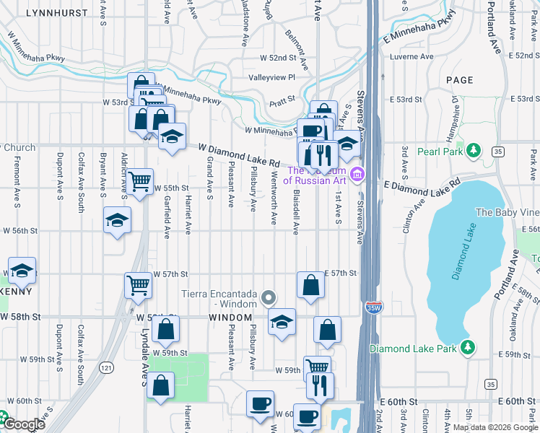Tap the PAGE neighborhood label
coord(460,80)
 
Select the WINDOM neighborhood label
coord(230,318)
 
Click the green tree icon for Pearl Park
coord(473,150)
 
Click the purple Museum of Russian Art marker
coord(356,175)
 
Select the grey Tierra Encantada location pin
coord(269,297)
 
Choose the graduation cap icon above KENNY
coord(22,271)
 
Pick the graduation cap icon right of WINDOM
coord(282,320)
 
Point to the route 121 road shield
coord(107,368)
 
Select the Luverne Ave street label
coord(411,56)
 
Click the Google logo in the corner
coord(23,424)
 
